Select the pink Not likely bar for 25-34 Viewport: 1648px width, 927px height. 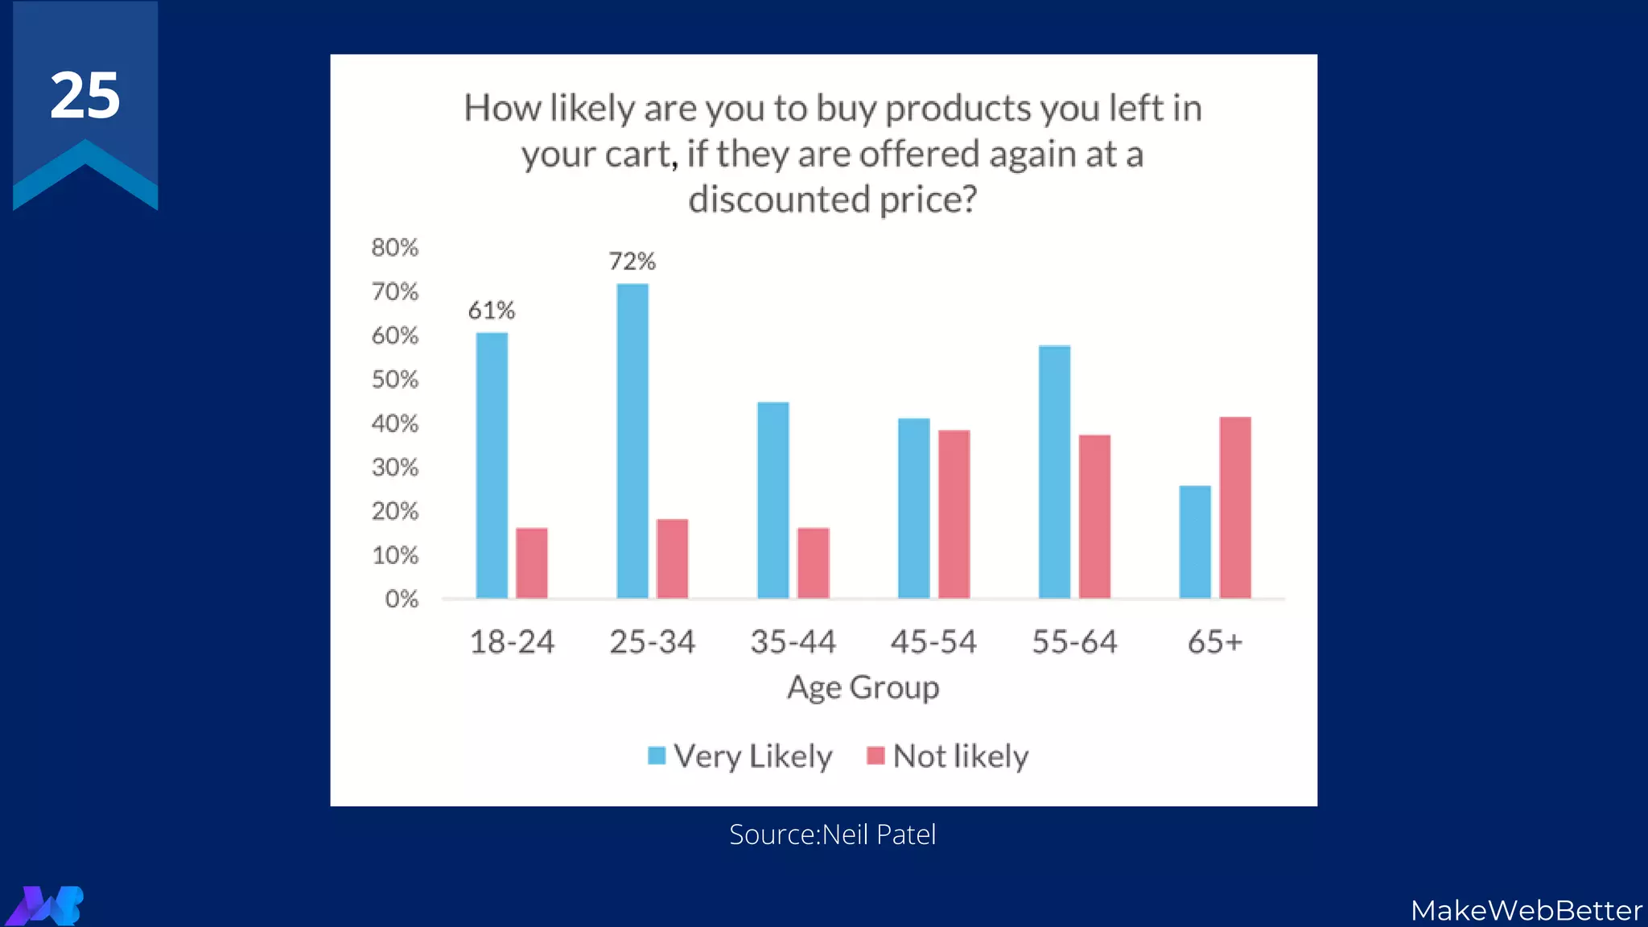point(672,558)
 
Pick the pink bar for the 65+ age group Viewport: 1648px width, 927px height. point(1235,507)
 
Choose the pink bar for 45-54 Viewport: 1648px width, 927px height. point(954,514)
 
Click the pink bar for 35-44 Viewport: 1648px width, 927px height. point(813,562)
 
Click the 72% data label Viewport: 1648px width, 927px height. point(632,262)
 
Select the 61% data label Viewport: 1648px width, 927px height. point(491,311)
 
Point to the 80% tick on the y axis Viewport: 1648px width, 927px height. point(395,248)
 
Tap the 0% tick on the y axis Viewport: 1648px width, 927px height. point(402,599)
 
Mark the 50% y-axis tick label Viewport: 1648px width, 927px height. point(395,380)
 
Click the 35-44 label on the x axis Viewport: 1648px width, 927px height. point(793,642)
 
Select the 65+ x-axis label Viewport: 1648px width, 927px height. point(1215,642)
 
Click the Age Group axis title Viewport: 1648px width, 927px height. point(863,688)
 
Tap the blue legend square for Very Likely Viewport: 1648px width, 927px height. point(657,756)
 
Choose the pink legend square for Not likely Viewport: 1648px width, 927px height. point(875,756)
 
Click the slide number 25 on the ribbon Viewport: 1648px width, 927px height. point(85,96)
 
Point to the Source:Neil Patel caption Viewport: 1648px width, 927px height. point(832,834)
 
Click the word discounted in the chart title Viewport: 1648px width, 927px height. point(779,200)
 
